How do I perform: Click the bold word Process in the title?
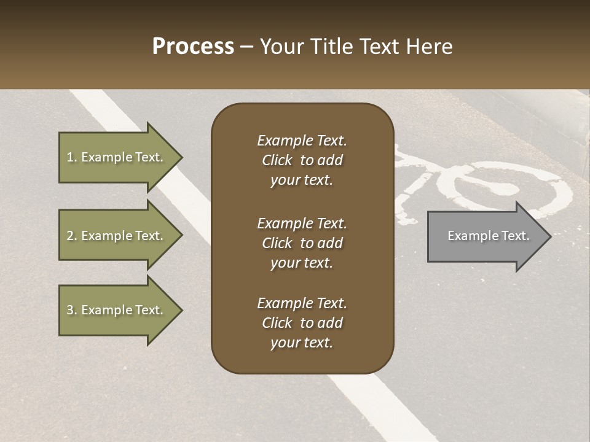[193, 47]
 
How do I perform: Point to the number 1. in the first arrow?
[72, 157]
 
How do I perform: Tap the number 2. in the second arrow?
[72, 236]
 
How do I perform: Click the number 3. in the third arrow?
[72, 310]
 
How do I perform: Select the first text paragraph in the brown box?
[302, 160]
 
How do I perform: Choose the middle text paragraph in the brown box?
[302, 243]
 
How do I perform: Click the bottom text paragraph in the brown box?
[302, 323]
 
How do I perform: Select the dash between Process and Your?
[246, 47]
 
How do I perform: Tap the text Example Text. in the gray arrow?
[488, 236]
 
